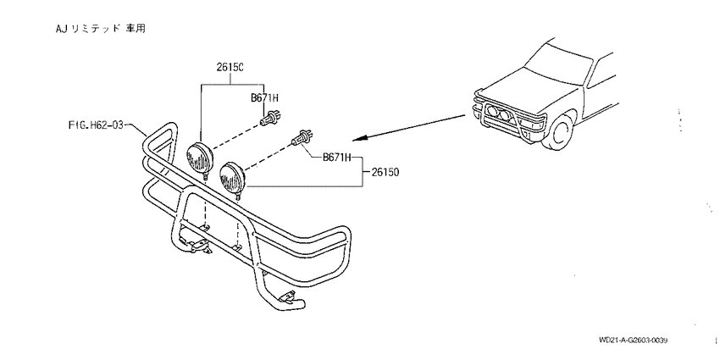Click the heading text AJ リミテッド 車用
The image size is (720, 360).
(101, 29)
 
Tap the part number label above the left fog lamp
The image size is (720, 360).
(230, 68)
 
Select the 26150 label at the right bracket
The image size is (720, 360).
(385, 173)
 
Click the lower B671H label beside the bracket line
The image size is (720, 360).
(336, 158)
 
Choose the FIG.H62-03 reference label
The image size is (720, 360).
(96, 125)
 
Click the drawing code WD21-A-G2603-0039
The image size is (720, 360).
(633, 341)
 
